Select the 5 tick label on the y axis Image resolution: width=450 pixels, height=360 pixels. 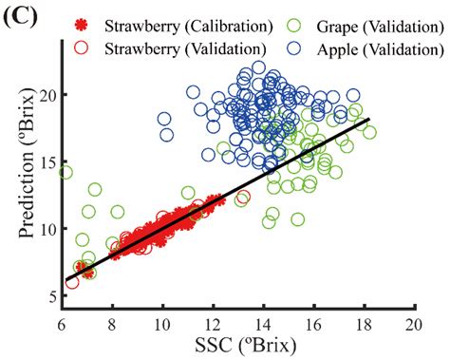pos(49,296)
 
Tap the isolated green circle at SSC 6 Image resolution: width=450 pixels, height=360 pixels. pos(65,172)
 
